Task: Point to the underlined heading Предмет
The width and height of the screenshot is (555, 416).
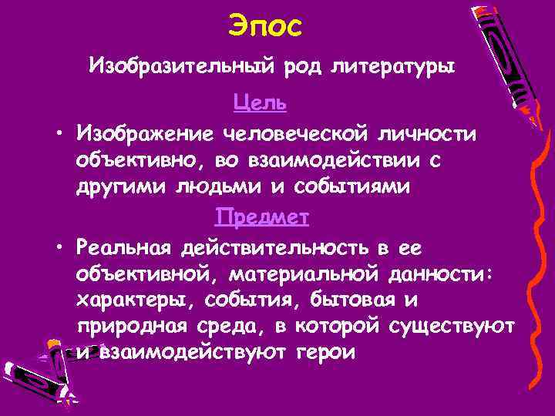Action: coord(262,217)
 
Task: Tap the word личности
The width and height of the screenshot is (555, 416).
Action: coord(434,133)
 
